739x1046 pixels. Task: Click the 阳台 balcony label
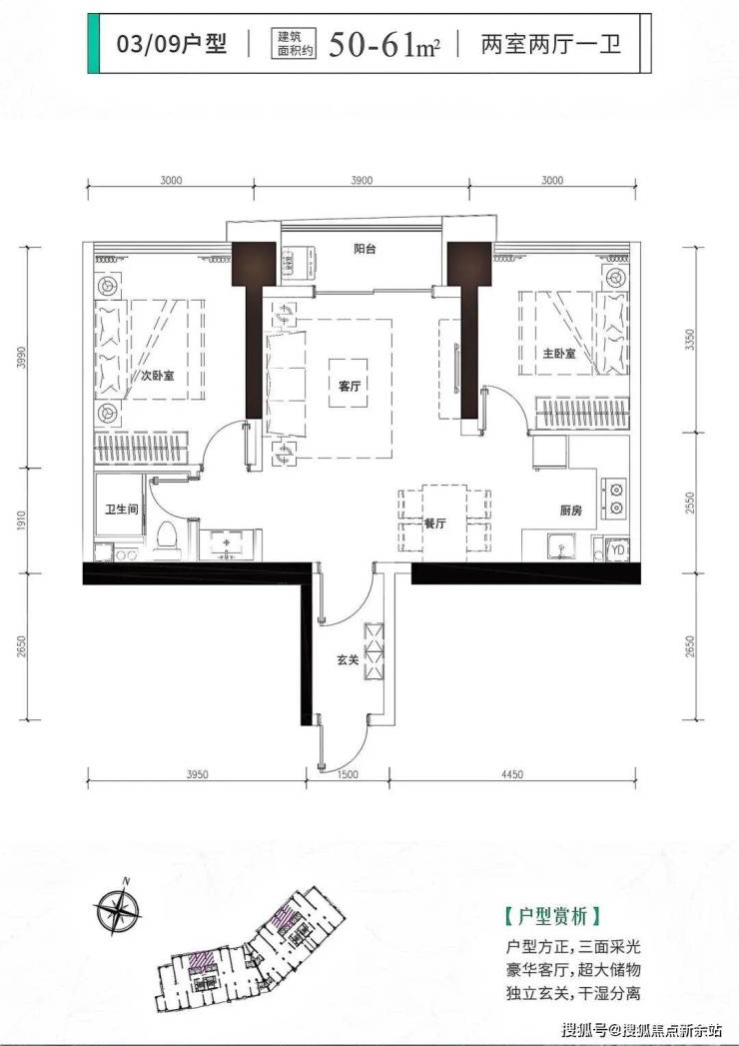[x=365, y=249]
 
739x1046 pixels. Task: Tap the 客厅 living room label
[x=350, y=386]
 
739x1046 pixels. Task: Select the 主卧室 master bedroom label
[x=558, y=353]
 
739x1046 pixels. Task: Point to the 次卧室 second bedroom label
[x=157, y=376]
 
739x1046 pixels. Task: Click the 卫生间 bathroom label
[x=122, y=509]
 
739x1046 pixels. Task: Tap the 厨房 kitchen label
[x=570, y=511]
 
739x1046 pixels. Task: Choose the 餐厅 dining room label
[x=434, y=523]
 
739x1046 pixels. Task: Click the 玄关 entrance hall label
[x=348, y=659]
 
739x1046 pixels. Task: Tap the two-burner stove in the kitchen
[x=614, y=498]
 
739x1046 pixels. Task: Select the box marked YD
[x=617, y=549]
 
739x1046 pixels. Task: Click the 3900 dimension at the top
[x=362, y=180]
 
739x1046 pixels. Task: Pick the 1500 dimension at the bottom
[x=348, y=774]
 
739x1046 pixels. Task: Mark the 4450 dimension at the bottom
[x=511, y=774]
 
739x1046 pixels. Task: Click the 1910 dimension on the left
[x=21, y=521]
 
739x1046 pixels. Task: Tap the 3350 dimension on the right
[x=690, y=340]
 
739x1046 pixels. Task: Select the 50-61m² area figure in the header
[x=384, y=44]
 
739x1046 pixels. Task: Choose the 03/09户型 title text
[x=172, y=44]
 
